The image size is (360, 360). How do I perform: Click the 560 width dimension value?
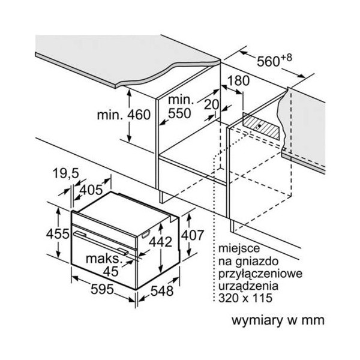(x=268, y=62)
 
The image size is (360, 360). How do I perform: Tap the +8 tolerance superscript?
(x=286, y=58)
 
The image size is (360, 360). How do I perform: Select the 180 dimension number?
(x=239, y=80)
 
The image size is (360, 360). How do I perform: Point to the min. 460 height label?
(x=124, y=115)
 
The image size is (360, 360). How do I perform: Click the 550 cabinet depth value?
(x=179, y=113)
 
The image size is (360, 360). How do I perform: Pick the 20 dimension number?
(x=211, y=104)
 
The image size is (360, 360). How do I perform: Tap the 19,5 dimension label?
(x=66, y=173)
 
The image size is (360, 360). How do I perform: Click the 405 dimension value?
(x=92, y=190)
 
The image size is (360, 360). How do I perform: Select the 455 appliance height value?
(x=58, y=234)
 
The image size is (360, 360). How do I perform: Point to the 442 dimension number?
(x=161, y=242)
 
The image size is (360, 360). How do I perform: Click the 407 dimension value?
(x=193, y=235)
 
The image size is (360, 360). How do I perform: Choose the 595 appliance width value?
(x=102, y=289)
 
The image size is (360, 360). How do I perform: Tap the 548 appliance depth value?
(x=162, y=291)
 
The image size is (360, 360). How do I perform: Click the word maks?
(x=103, y=259)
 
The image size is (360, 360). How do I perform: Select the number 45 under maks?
(x=110, y=271)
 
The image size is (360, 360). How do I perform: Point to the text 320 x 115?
(x=245, y=298)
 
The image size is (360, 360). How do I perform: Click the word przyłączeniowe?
(x=260, y=274)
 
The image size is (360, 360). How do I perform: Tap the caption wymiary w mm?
(x=278, y=320)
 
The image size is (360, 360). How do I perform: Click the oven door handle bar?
(x=101, y=244)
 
